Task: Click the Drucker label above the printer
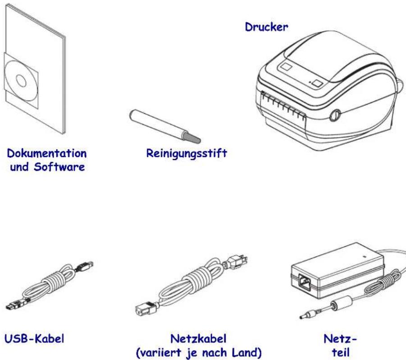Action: point(266,27)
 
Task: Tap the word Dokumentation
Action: point(47,153)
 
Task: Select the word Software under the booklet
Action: point(59,166)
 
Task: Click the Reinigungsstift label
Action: point(187,153)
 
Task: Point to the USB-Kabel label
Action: point(34,339)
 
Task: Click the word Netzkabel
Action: point(198,339)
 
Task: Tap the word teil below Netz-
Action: point(341,352)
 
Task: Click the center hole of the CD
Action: point(21,81)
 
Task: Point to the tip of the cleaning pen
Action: point(200,141)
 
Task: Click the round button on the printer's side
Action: point(335,115)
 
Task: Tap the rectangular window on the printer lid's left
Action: point(287,66)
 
